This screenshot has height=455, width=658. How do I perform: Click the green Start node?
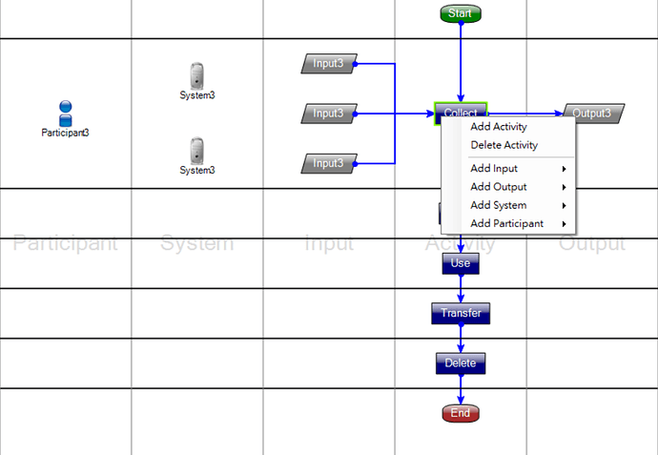click(461, 13)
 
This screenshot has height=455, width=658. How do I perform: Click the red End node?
click(461, 413)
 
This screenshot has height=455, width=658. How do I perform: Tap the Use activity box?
click(461, 263)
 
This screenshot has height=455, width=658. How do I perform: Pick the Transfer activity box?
click(461, 313)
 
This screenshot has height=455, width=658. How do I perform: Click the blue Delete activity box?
click(461, 362)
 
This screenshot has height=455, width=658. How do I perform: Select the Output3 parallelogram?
click(592, 114)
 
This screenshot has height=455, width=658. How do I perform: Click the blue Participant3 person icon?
click(66, 114)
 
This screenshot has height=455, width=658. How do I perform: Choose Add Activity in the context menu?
click(499, 127)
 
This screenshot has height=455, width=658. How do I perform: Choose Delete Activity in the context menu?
click(504, 146)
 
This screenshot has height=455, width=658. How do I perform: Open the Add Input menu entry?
click(494, 169)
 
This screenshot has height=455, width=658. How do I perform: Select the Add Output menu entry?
click(499, 187)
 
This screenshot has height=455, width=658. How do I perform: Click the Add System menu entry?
click(499, 205)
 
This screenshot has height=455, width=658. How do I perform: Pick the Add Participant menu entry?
click(507, 224)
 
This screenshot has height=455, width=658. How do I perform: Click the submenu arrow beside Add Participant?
click(565, 224)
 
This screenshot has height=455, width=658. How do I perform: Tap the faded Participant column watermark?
click(66, 244)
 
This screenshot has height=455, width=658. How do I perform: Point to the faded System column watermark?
click(196, 244)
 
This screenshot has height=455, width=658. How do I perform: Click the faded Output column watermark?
click(592, 244)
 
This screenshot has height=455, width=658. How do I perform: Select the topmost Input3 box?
click(328, 64)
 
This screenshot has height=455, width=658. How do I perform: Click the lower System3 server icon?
click(196, 150)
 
